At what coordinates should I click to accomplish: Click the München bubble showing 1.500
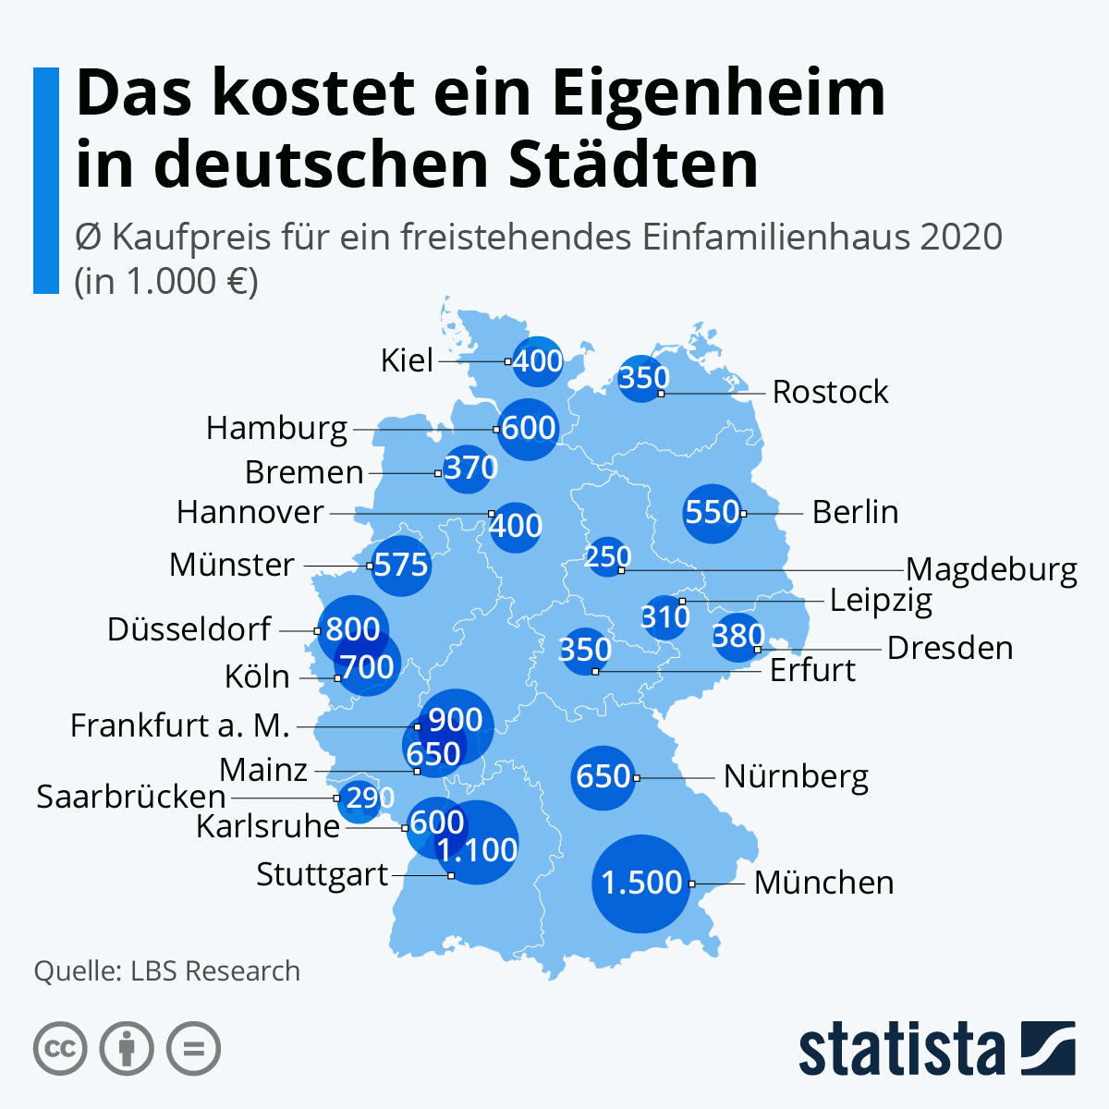[x=640, y=884]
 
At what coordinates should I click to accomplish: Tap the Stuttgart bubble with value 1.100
[x=477, y=842]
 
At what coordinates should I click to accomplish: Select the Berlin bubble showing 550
[x=713, y=513]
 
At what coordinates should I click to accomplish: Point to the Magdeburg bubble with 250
[x=608, y=557]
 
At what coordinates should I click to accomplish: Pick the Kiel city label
[x=407, y=360]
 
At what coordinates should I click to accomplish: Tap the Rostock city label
[x=830, y=392]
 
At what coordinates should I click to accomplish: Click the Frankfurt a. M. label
[x=179, y=725]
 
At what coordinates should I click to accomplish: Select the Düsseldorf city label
[x=189, y=629]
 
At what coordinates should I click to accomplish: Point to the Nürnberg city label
[x=796, y=777]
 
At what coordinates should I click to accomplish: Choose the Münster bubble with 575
[x=401, y=566]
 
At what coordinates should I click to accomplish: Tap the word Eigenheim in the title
[x=718, y=94]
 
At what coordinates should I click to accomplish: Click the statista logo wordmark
[x=902, y=1048]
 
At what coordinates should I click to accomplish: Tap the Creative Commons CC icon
[x=60, y=1048]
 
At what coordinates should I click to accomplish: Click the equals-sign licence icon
[x=193, y=1048]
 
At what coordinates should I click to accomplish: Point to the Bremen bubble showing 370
[x=468, y=469]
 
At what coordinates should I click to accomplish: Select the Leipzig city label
[x=881, y=601]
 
